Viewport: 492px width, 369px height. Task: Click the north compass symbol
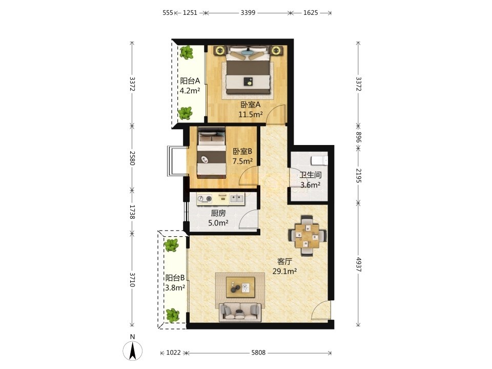click(133, 349)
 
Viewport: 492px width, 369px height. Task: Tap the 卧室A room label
click(251, 105)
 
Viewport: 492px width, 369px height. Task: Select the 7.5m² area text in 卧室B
click(242, 161)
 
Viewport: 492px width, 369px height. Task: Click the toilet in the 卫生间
click(319, 160)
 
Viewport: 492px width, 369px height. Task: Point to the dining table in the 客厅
click(307, 235)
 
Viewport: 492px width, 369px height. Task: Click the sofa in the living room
click(240, 312)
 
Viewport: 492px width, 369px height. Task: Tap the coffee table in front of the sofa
click(240, 287)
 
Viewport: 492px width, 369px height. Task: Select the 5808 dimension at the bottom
click(258, 353)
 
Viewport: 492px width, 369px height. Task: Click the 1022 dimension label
click(173, 353)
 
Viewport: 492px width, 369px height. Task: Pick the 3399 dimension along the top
click(248, 13)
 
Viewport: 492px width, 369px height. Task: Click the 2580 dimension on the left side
click(132, 158)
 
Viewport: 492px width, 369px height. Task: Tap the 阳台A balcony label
click(190, 81)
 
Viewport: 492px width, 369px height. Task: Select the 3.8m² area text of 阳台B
click(175, 288)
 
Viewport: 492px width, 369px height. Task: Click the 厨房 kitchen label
click(218, 213)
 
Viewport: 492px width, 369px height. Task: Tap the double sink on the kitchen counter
click(237, 198)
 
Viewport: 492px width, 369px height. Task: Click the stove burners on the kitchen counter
click(204, 198)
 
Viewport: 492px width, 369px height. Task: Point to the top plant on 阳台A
click(187, 52)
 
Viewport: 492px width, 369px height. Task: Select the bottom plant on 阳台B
click(172, 315)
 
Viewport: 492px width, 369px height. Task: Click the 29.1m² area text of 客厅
click(284, 271)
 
